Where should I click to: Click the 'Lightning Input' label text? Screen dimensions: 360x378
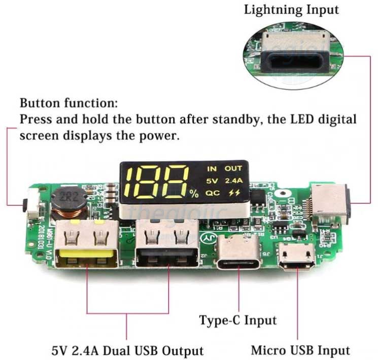291,10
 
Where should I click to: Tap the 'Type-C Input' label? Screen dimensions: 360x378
238,320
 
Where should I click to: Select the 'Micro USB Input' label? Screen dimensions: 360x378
300,350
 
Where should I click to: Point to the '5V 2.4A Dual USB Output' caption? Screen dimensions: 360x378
127,350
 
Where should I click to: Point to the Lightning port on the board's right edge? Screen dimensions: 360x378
330,203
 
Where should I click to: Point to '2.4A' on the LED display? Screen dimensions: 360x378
233,181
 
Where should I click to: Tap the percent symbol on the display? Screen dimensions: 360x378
194,193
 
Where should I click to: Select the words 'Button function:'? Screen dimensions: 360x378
68,104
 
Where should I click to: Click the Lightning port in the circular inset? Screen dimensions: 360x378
294,59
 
